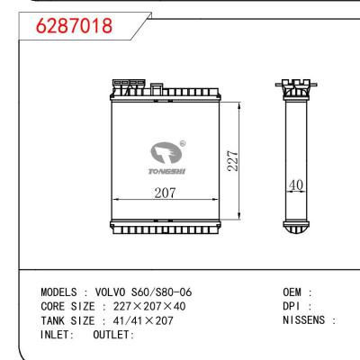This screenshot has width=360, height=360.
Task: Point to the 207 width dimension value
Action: tap(163, 193)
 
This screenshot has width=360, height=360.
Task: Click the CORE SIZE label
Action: tap(69, 307)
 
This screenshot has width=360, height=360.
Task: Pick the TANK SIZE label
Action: tap(69, 320)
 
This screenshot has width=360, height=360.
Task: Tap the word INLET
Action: tap(59, 335)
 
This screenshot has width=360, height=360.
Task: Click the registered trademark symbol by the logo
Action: tap(183, 141)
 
